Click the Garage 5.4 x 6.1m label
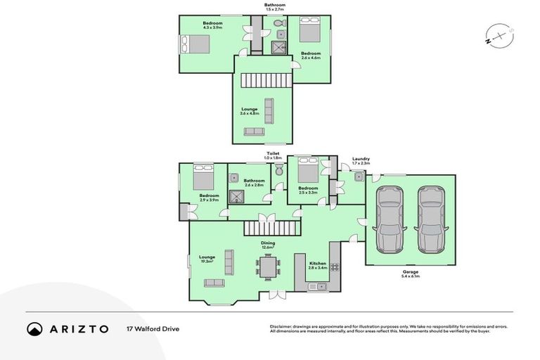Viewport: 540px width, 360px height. (x=411, y=274)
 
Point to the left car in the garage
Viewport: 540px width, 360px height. (x=389, y=219)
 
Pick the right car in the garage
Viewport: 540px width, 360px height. (x=432, y=219)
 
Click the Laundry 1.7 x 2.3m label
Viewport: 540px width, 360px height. (x=361, y=161)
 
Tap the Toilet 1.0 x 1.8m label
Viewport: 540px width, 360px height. (x=273, y=155)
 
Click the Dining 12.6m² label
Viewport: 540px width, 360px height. (x=268, y=245)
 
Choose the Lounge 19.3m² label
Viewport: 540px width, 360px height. (x=207, y=259)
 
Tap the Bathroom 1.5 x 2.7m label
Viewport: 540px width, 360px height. (x=275, y=8)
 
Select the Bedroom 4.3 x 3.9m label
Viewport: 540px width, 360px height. (x=212, y=26)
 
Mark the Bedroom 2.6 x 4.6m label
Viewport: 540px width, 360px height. (x=311, y=56)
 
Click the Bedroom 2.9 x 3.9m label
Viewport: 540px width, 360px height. (x=209, y=198)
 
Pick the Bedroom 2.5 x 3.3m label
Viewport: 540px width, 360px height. (x=308, y=189)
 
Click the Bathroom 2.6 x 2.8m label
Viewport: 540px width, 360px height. (x=254, y=183)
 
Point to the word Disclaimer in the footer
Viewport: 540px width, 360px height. (x=282, y=326)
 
